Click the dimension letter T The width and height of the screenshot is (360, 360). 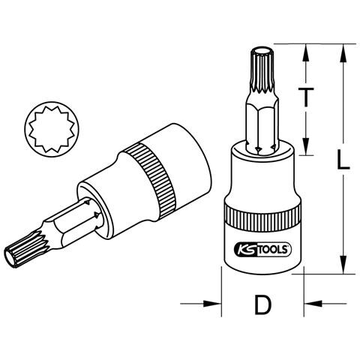pyautogui.click(x=306, y=96)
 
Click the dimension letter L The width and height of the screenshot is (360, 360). pyautogui.click(x=343, y=160)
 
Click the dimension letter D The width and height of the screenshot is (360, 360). pyautogui.click(x=262, y=304)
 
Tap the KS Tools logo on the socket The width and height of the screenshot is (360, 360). pyautogui.click(x=262, y=250)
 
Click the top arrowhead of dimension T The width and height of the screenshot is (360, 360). pyautogui.click(x=306, y=53)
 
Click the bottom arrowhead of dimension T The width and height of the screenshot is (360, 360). pyautogui.click(x=306, y=146)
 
